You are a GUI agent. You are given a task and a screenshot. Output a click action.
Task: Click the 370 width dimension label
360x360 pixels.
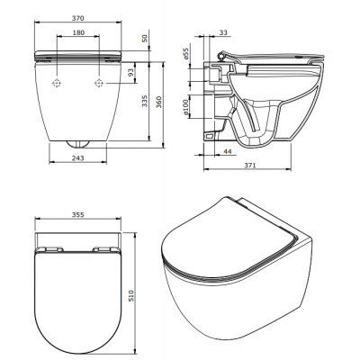pos(78,18)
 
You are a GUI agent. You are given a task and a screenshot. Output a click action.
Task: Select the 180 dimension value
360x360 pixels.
pos(78,32)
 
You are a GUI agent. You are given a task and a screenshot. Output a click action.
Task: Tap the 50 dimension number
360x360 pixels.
pos(145,38)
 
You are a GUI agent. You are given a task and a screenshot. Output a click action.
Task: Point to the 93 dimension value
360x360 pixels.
pos(131,73)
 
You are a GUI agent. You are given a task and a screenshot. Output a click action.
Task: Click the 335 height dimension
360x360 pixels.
pos(145,102)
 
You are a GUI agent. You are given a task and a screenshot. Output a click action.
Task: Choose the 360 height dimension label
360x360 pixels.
pos(158,102)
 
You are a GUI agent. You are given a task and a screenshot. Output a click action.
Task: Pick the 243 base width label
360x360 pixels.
pos(78,157)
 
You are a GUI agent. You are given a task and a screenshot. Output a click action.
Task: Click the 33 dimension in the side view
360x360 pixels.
pos(223,32)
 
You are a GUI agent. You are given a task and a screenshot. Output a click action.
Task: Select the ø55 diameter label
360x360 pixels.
pos(185,54)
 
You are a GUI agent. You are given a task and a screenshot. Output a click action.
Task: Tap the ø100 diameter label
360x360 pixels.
pos(185,107)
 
